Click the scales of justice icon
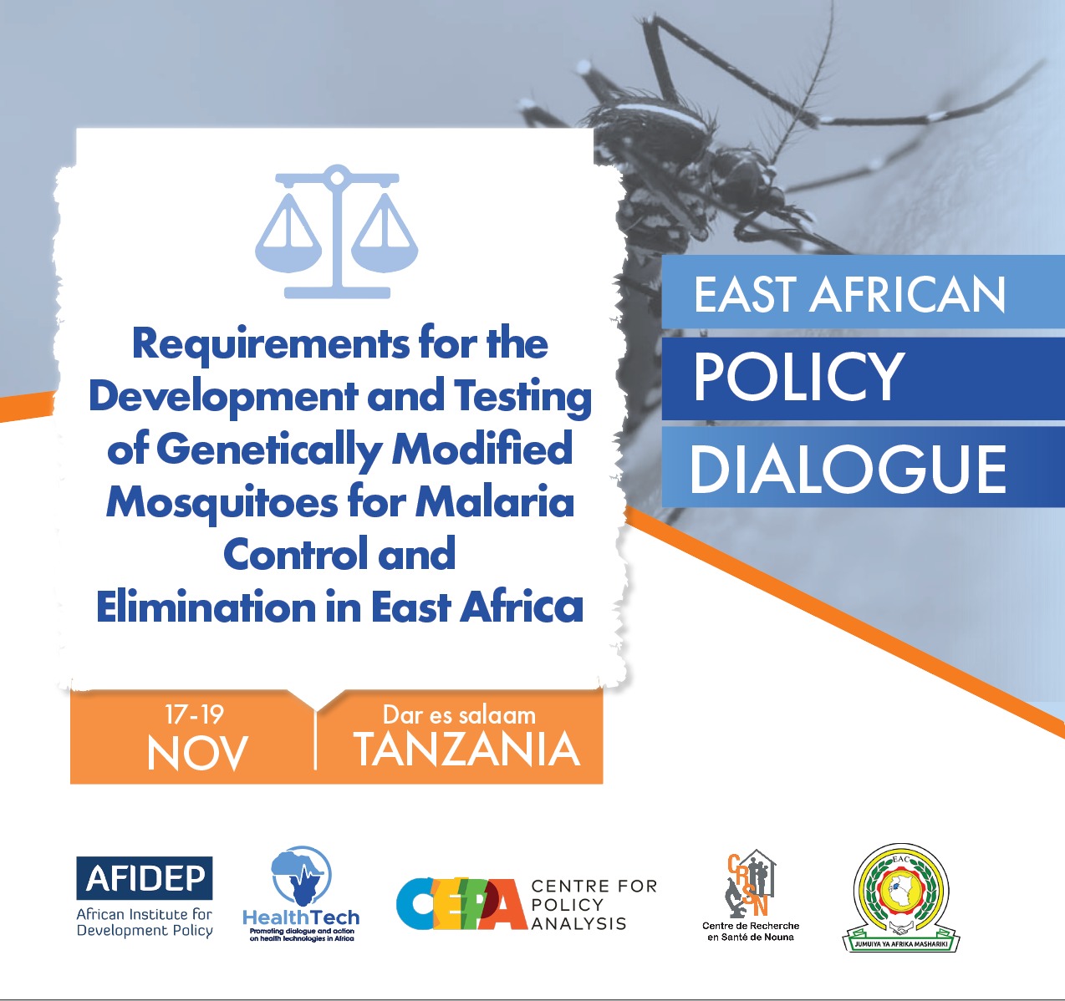coord(336,231)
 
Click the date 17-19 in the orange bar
coord(194,714)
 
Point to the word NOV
coord(197,754)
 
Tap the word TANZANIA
coord(467,749)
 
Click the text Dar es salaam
coord(459,714)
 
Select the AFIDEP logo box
coord(145,877)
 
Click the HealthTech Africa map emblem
coord(301,876)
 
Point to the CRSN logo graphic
coord(750,883)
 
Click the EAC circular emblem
coord(901,891)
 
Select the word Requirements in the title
coord(270,345)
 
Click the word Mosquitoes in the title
coord(222,503)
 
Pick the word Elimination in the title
coord(206,607)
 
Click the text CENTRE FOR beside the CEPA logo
coord(594,886)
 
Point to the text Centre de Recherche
coord(751,926)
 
